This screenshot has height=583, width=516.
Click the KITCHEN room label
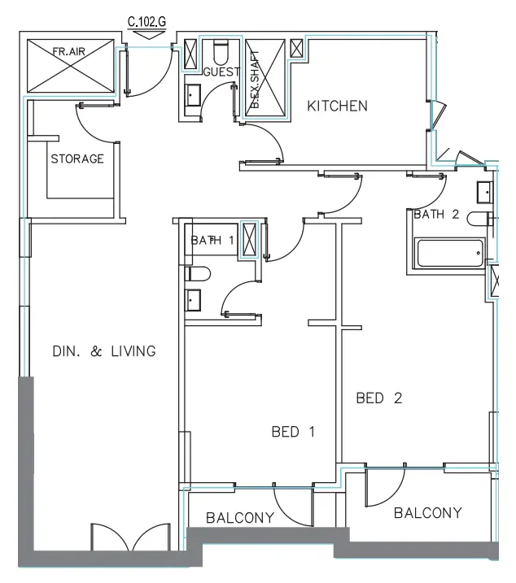[337, 106]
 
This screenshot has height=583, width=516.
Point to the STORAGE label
[77, 159]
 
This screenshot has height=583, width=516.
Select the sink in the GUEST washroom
[194, 96]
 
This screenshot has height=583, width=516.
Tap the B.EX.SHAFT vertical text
[255, 86]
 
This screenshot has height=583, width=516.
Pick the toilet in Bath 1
[198, 272]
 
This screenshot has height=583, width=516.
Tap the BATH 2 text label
[437, 215]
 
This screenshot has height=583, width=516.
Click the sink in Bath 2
[483, 192]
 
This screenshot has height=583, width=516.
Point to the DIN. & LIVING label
[103, 351]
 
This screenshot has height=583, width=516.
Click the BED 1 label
[292, 432]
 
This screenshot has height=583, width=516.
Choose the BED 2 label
[380, 398]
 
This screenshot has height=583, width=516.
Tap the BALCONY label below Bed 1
[239, 517]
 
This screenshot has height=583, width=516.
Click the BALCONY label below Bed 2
[427, 512]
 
